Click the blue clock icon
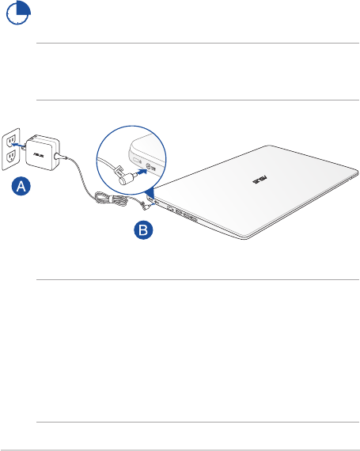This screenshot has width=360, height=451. pos(18,13)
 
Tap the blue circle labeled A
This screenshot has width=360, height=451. pos(21,187)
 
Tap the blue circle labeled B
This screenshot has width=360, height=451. pos(143,229)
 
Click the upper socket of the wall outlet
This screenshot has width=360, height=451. pos(11,140)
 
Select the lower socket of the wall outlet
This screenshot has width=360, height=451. pos(11,156)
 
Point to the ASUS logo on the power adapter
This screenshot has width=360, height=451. pos(38,155)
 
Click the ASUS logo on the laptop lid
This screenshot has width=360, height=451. pos(260,180)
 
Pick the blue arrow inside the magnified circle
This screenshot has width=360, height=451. pos(141,172)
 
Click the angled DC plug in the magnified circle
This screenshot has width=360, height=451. pos(127,178)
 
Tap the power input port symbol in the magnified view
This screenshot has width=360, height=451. pos(148,166)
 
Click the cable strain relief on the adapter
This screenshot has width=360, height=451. pos(59,157)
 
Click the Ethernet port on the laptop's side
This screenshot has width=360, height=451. pos(170,208)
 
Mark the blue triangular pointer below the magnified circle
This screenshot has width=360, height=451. pos(150,193)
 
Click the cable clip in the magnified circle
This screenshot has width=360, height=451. pos(119,172)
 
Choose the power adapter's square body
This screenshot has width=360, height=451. pos(43,153)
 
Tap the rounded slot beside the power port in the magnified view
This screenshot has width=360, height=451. pos(136,160)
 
